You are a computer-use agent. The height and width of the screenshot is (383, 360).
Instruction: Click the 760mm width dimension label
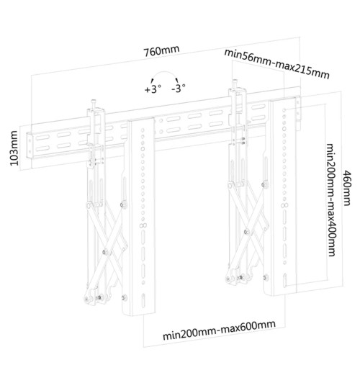[x=161, y=51]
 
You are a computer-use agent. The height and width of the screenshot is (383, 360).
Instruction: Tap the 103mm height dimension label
[x=14, y=148]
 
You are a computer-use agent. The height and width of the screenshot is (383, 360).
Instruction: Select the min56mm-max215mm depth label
[x=276, y=64]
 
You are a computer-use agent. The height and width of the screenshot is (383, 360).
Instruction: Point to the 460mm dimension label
[x=347, y=188]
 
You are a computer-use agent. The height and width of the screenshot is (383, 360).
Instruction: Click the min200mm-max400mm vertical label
[x=331, y=200]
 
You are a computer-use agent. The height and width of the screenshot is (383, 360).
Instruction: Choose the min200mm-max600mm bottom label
[x=219, y=330]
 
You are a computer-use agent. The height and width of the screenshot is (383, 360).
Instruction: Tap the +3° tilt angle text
[x=153, y=89]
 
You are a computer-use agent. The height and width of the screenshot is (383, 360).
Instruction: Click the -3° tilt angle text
[x=179, y=88]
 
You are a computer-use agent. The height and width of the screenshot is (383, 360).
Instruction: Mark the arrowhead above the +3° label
[x=152, y=81]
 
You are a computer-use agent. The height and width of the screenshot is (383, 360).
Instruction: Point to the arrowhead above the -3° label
[x=177, y=81]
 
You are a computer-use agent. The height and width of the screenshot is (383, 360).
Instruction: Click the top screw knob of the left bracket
[x=94, y=101]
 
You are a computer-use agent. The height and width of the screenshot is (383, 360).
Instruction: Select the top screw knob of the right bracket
[x=235, y=81]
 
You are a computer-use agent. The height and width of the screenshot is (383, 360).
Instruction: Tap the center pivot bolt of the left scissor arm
[x=105, y=251]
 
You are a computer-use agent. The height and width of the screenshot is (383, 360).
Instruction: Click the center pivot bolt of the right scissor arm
[x=247, y=231]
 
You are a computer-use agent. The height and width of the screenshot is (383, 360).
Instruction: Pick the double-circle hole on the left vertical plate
[x=143, y=225]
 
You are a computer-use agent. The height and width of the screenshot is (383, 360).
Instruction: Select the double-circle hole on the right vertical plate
[x=284, y=205]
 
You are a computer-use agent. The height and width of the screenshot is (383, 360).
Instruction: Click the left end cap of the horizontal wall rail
[x=29, y=145]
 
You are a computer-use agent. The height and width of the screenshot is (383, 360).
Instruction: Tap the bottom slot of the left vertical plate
[x=143, y=301]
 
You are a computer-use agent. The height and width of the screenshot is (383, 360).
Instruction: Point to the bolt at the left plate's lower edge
[x=125, y=298]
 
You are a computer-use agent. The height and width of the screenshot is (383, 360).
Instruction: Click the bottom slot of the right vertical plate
[x=285, y=281]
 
